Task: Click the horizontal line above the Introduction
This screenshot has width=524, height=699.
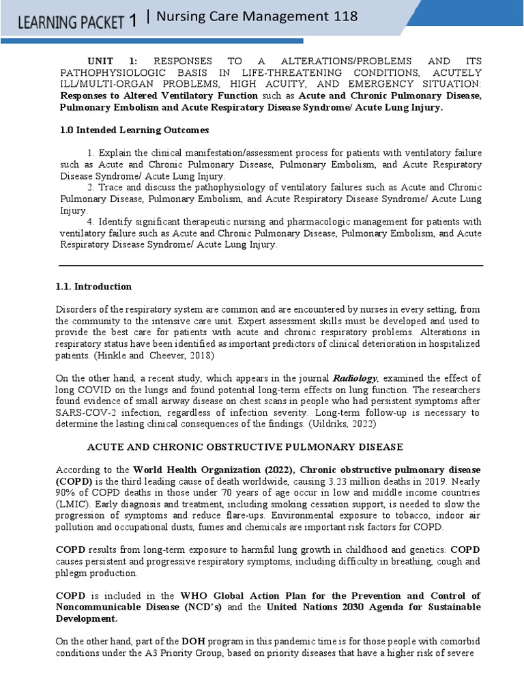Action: pos(270,266)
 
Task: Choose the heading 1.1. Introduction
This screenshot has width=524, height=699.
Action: pos(93,287)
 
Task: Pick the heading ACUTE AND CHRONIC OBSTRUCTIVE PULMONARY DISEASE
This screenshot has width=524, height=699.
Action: pos(245,447)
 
